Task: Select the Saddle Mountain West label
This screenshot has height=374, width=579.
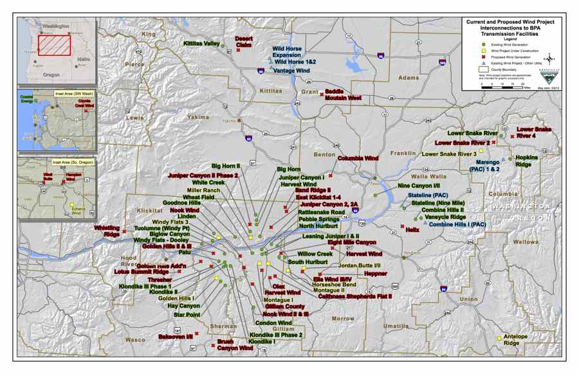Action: point(343,95)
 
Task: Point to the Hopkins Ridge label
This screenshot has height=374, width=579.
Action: point(527,161)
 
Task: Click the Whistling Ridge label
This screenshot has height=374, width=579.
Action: point(107,231)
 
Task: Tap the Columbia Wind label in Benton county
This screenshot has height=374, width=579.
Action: point(358,158)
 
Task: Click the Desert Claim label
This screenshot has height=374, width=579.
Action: point(243,41)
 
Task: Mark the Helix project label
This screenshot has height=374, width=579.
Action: point(412,229)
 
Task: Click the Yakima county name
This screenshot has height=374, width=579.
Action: point(198,118)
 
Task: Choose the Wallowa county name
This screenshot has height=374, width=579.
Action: point(525,242)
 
